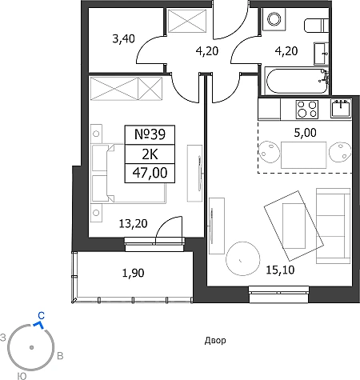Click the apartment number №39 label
click(x=150, y=134)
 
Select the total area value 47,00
click(x=150, y=173)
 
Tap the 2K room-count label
click(x=150, y=154)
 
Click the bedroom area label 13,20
click(x=133, y=223)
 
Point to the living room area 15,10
click(x=280, y=270)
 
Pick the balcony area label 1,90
click(x=133, y=273)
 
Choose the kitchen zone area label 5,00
click(x=305, y=133)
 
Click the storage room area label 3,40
click(x=123, y=39)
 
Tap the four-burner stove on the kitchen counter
click(x=307, y=110)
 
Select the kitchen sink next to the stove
click(x=341, y=108)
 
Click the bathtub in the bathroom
click(x=296, y=81)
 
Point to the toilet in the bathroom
click(x=317, y=26)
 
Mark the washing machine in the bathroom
click(x=274, y=19)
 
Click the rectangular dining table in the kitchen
click(x=304, y=155)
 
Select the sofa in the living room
click(x=333, y=226)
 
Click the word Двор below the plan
click(x=215, y=341)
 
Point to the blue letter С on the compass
click(x=41, y=316)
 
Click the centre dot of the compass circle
click(x=31, y=347)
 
